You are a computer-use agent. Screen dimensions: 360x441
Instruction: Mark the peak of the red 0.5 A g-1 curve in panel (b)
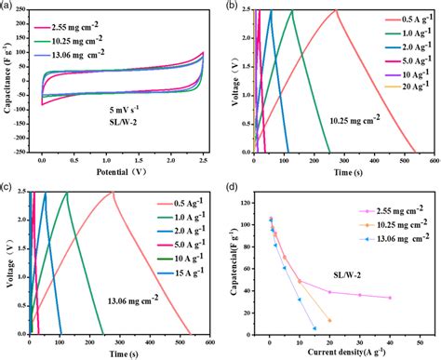tap(335, 10)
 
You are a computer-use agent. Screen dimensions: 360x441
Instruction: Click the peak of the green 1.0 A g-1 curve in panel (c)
tap(66, 193)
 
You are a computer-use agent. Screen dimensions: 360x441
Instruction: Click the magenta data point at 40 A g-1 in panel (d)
tap(390, 298)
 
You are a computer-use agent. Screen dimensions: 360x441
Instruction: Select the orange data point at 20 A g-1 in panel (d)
tap(329, 320)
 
